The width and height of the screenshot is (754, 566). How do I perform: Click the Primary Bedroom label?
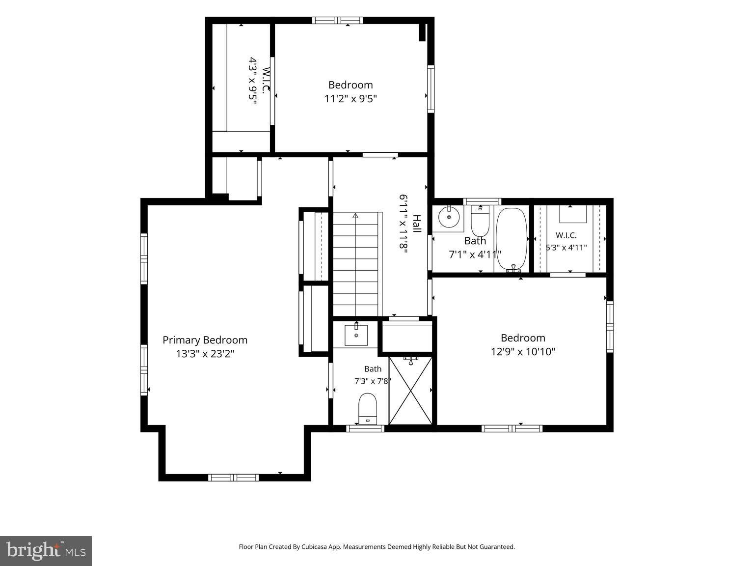(205, 340)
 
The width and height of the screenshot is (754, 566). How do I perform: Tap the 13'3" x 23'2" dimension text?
(205, 354)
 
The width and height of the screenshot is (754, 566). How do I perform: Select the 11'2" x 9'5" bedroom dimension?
(350, 99)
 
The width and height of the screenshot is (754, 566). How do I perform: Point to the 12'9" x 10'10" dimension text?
(523, 352)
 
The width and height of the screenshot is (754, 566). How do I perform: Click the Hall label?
(417, 224)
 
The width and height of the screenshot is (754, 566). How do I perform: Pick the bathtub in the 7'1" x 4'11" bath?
(512, 240)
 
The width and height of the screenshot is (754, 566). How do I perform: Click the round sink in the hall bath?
(449, 217)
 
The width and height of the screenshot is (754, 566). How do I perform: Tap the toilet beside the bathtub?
(480, 221)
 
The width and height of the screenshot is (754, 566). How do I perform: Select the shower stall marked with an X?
(410, 391)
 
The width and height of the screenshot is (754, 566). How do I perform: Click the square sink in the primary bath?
(356, 335)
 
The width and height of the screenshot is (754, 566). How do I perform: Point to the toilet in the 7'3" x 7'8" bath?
(368, 409)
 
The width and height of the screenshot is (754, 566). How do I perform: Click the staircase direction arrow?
(355, 216)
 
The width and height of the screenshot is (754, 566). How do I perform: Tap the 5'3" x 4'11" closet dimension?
(566, 248)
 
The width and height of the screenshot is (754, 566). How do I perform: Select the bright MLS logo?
(46, 551)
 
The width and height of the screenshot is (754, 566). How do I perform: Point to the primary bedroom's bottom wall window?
(233, 478)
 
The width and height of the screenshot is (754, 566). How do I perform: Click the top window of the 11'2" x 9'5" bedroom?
(337, 20)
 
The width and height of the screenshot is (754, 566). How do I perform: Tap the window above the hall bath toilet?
(482, 202)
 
